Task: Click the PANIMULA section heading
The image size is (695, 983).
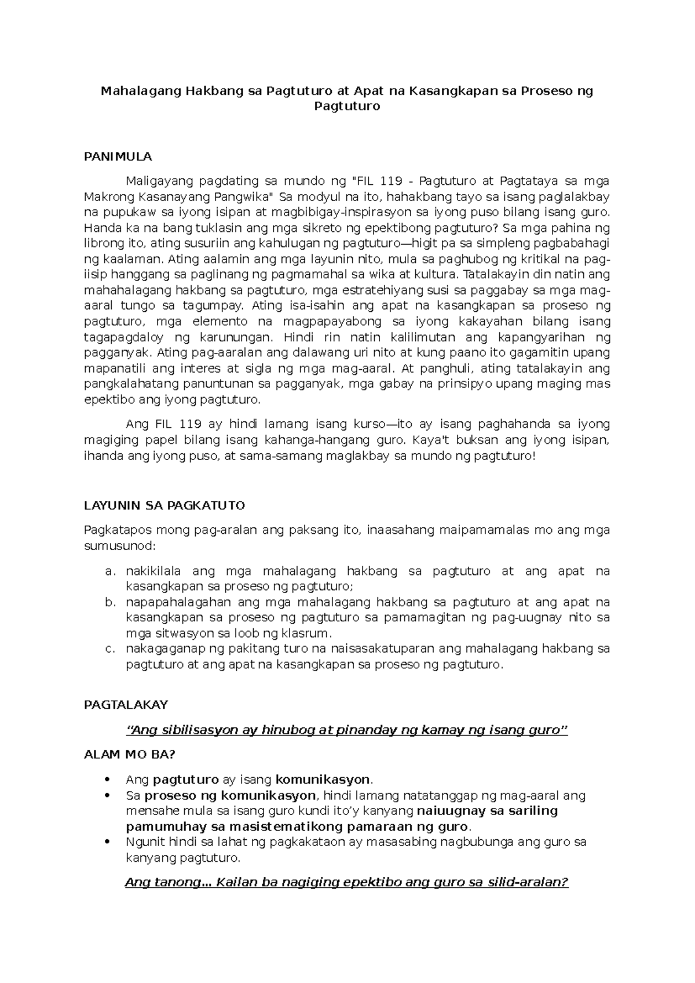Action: [118, 156]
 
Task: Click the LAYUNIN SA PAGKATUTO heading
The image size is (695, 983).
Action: [164, 505]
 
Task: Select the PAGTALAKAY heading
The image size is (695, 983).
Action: [126, 705]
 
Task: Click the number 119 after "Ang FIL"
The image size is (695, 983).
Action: [191, 424]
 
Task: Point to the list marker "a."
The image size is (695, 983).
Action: [111, 571]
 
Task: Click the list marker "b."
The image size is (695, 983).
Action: [111, 603]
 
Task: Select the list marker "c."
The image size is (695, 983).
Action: [111, 649]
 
